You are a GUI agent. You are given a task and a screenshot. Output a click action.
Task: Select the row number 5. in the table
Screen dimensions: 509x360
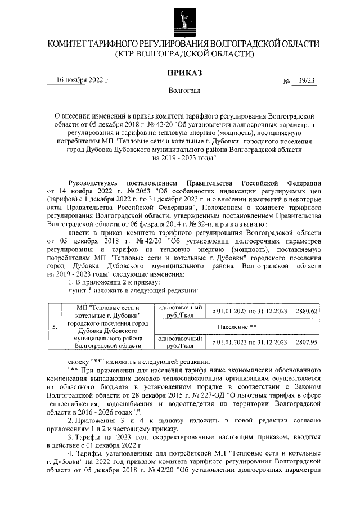point(55,326)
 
